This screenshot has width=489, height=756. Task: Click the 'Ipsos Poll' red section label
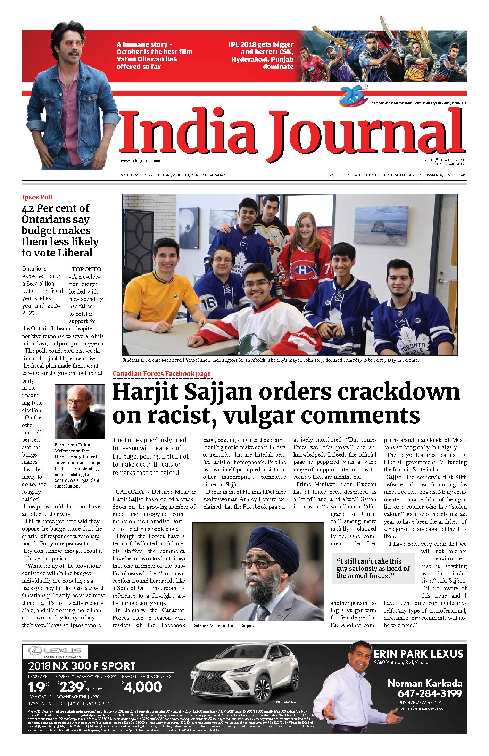[37, 197]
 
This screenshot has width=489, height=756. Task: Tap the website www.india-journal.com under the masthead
[141, 161]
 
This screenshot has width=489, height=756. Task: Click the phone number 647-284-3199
[430, 693]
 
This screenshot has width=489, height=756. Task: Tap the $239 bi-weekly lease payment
[72, 687]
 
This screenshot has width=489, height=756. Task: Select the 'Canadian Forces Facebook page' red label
[161, 374]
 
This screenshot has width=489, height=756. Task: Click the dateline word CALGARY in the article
[130, 492]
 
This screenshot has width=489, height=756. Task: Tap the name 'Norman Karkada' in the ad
[425, 683]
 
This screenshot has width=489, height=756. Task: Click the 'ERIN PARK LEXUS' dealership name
[418, 654]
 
